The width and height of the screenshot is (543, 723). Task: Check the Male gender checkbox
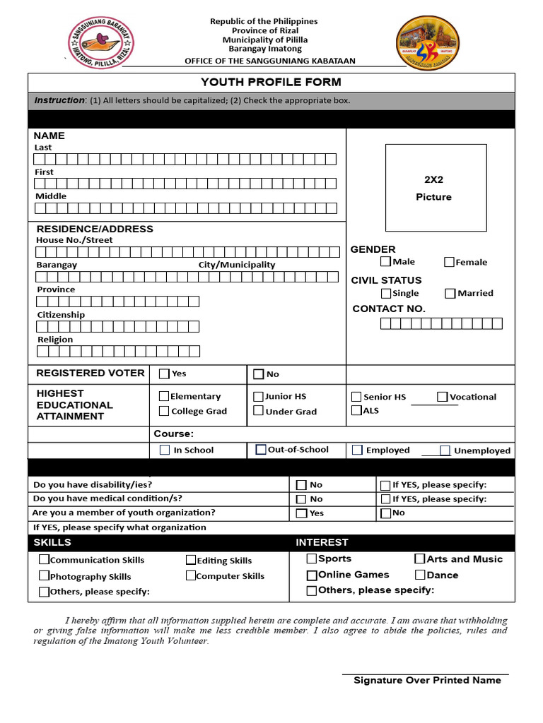tap(385, 261)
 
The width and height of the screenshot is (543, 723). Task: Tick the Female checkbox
tap(449, 262)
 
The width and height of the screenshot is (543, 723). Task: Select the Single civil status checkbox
tap(385, 293)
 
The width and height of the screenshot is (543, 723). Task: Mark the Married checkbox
tap(450, 293)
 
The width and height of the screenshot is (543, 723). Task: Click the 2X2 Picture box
tap(436, 188)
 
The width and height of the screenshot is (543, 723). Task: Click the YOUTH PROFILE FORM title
tap(271, 83)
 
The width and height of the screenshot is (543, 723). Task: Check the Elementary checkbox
tap(164, 396)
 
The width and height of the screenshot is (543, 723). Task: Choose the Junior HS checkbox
tap(259, 396)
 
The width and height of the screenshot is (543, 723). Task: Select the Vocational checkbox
tap(442, 397)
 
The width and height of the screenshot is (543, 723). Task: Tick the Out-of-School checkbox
tap(261, 449)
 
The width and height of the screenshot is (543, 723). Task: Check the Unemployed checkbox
tap(445, 450)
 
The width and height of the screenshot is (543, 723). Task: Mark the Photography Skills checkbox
tap(45, 576)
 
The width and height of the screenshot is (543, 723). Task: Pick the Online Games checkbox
tap(312, 575)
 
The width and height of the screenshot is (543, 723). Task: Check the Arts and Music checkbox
tap(420, 558)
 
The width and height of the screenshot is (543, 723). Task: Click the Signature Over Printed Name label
tap(427, 681)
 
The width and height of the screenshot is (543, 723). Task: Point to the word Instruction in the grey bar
tap(59, 100)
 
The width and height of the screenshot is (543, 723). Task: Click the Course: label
tap(173, 434)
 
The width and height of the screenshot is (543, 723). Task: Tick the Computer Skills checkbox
tap(191, 575)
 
